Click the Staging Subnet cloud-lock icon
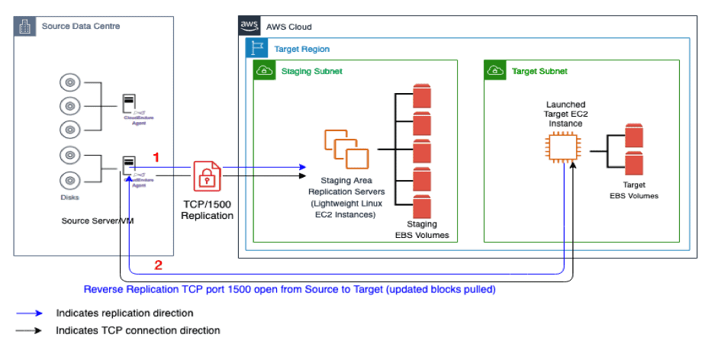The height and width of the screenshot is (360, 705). [x=264, y=71]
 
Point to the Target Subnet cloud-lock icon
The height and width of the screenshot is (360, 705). [x=494, y=71]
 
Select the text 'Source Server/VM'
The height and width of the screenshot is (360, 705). [x=94, y=221]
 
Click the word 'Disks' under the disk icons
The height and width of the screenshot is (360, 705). [x=69, y=196]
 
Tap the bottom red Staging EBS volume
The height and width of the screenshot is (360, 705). [x=422, y=205]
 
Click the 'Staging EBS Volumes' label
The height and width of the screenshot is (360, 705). [x=421, y=230]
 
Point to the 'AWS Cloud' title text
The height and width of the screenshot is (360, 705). [x=289, y=26]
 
